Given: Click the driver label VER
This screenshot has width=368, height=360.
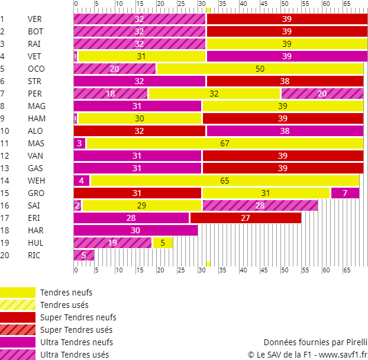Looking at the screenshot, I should (34, 19).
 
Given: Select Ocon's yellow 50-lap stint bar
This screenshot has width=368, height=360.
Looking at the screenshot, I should (260, 69).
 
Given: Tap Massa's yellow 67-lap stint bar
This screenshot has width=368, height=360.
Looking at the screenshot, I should (224, 143).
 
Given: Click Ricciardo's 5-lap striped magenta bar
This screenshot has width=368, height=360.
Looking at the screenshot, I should (83, 255).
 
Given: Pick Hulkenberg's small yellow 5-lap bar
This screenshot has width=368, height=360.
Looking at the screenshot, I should (163, 243).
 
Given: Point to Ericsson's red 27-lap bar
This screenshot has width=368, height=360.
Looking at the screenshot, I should (246, 218).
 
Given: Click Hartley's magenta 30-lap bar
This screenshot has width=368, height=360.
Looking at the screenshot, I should (135, 230).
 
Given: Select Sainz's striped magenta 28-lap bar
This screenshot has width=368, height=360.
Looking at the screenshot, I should (260, 205).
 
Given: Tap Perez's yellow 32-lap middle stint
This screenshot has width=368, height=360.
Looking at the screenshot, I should (214, 94).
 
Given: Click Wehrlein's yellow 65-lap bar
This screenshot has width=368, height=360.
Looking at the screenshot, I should (225, 181).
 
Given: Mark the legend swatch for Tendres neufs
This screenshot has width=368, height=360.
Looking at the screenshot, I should (18, 292).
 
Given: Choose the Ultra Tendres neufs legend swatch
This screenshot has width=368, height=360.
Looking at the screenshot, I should (18, 342).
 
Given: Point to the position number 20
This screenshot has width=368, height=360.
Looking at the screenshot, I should (5, 255).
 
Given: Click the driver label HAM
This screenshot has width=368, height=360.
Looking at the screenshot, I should (35, 118).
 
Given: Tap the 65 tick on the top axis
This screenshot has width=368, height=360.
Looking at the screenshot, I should (347, 4).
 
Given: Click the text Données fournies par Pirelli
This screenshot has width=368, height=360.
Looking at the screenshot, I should (315, 342).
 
